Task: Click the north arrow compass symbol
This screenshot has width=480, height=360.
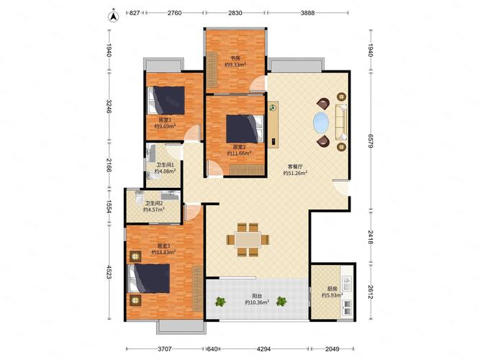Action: (x=113, y=17)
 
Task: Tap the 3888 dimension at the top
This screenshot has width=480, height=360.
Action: (x=307, y=13)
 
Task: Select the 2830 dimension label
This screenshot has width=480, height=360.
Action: (x=235, y=13)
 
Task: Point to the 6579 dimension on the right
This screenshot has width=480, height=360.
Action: (x=371, y=141)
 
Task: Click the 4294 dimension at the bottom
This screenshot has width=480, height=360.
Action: (x=263, y=348)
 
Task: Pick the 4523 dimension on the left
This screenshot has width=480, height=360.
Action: (x=109, y=272)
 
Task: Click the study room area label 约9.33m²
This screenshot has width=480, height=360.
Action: (x=235, y=65)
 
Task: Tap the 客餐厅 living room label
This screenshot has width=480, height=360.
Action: (x=295, y=166)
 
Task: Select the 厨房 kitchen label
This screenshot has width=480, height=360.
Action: (x=332, y=289)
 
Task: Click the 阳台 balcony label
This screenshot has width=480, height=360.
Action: (x=257, y=296)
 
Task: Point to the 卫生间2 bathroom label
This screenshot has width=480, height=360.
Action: (x=154, y=203)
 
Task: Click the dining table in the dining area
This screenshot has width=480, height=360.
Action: (x=248, y=240)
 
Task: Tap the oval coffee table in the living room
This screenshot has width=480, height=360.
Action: (x=321, y=122)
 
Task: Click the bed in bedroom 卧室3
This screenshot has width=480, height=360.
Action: (x=149, y=279)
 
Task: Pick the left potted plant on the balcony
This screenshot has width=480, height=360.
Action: (x=220, y=302)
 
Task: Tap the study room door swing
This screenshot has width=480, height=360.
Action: (x=258, y=84)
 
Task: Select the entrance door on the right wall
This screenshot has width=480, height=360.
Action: (x=341, y=187)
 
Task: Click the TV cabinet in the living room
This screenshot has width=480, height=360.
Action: (x=273, y=125)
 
